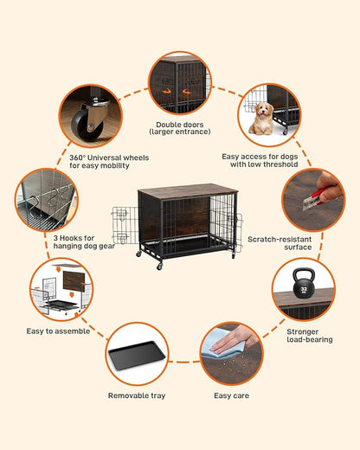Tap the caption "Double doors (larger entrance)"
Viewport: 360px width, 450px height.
(179, 128)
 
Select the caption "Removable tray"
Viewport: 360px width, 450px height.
(136, 395)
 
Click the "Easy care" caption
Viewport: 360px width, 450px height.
(232, 395)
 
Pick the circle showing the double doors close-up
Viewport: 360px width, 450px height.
(179, 83)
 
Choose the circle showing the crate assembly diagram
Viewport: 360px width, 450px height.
(57, 290)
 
